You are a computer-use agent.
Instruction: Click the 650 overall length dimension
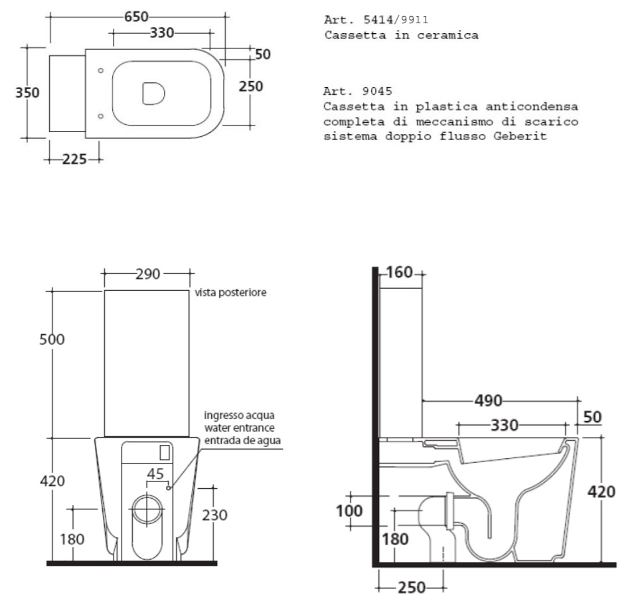[136, 17]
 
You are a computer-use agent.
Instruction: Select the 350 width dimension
[27, 93]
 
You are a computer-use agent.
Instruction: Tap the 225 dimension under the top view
[74, 159]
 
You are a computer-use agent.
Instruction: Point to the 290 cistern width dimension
[148, 274]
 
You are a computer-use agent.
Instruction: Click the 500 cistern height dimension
[52, 339]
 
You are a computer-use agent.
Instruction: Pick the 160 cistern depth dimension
[400, 272]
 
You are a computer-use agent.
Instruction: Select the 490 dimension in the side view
[489, 400]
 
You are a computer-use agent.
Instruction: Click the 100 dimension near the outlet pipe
[349, 511]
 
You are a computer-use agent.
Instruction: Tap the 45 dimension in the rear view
[155, 474]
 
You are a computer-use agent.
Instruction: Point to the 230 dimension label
[215, 515]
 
